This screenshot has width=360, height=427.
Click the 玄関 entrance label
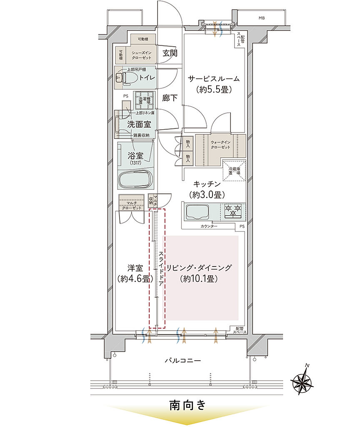[x=170, y=53]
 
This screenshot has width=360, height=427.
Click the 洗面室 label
[x=136, y=124]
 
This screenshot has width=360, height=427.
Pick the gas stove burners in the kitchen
[x=233, y=211]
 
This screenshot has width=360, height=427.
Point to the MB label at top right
[x=261, y=18]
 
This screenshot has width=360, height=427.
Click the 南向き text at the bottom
[x=187, y=405]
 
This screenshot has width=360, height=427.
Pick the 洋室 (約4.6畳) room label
[x=132, y=273]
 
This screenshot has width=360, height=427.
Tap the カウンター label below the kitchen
[x=208, y=226]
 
